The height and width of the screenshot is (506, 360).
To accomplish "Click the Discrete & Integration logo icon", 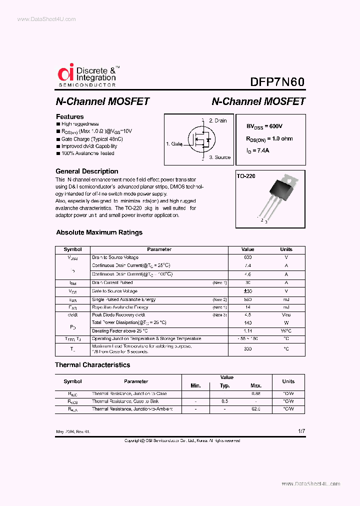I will [65, 73].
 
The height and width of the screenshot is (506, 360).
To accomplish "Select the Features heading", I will [69, 116].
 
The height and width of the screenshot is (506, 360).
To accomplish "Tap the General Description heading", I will [86, 171].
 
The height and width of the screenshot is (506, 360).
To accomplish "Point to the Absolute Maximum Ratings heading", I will [99, 232].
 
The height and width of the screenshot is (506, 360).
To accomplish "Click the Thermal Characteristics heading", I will [92, 365].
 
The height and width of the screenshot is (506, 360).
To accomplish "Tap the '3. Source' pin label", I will [219, 157].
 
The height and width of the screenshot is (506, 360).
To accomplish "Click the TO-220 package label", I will [246, 176].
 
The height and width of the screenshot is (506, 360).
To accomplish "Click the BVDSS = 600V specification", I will [267, 127].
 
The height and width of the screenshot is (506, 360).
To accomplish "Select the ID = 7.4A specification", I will [258, 150].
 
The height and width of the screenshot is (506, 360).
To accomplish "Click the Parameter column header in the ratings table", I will [159, 249].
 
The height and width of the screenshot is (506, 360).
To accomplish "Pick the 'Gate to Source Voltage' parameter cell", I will [114, 291].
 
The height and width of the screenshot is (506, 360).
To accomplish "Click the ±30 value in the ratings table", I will [247, 291].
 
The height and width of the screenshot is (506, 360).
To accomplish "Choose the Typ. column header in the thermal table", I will [225, 385].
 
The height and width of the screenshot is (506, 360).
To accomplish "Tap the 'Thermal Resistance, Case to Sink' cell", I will [125, 401].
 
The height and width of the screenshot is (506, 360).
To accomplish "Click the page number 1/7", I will [301, 430].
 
